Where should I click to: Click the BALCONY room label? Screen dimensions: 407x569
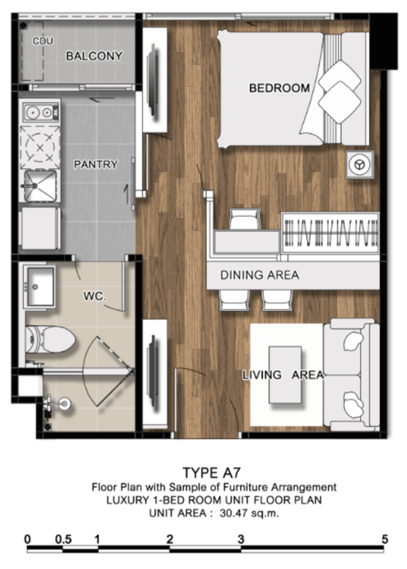[94, 56]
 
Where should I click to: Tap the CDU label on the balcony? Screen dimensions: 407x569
[43, 41]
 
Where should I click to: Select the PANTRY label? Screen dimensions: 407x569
[96, 164]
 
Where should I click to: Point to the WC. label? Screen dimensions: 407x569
[95, 296]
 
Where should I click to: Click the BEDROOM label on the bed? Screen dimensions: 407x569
[279, 88]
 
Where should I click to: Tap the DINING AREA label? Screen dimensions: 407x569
[260, 275]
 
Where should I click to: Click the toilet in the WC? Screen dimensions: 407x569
[50, 339]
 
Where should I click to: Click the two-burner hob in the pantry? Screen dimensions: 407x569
[41, 112]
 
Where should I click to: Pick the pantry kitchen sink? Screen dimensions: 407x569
[40, 186]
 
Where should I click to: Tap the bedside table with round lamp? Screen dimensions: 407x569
[359, 164]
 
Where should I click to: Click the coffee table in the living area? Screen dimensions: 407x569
[285, 375]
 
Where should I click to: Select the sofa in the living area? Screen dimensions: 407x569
[351, 375]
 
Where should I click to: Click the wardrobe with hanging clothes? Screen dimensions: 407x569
[330, 233]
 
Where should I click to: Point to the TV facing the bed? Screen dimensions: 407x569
[153, 81]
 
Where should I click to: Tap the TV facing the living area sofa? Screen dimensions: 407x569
[153, 371]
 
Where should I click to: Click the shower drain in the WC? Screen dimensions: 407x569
[65, 403]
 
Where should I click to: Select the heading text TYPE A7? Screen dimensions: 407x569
[212, 473]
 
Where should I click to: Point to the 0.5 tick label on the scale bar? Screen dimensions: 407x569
[63, 539]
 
